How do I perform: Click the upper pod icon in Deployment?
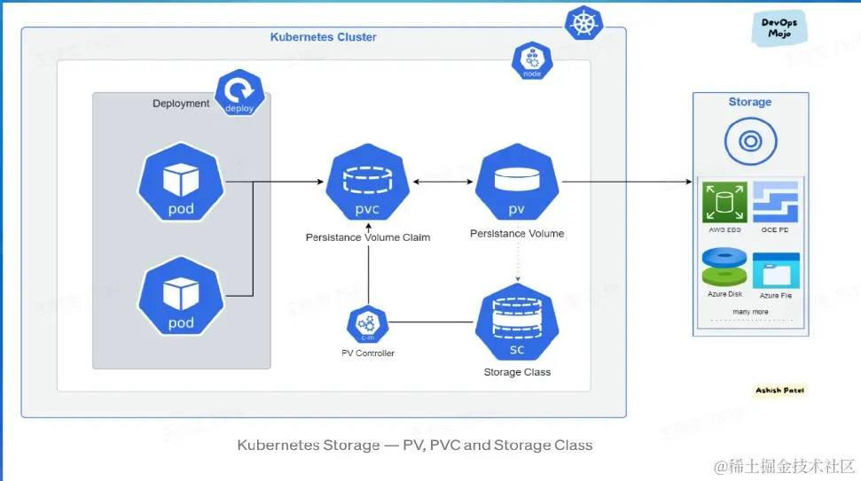coord(181,183)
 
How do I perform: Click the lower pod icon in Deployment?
coord(181,297)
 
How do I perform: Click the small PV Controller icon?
coord(368,324)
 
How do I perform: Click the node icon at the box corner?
coord(532,60)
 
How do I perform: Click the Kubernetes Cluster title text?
coord(323,37)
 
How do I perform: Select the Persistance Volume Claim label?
coord(368,237)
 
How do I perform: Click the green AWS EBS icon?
coord(725,202)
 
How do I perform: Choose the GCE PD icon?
coord(776,202)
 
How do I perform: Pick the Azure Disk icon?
coord(725,268)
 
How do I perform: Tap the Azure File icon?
coord(776,271)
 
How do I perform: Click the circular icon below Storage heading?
coord(750,140)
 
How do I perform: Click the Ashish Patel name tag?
coord(780,391)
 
